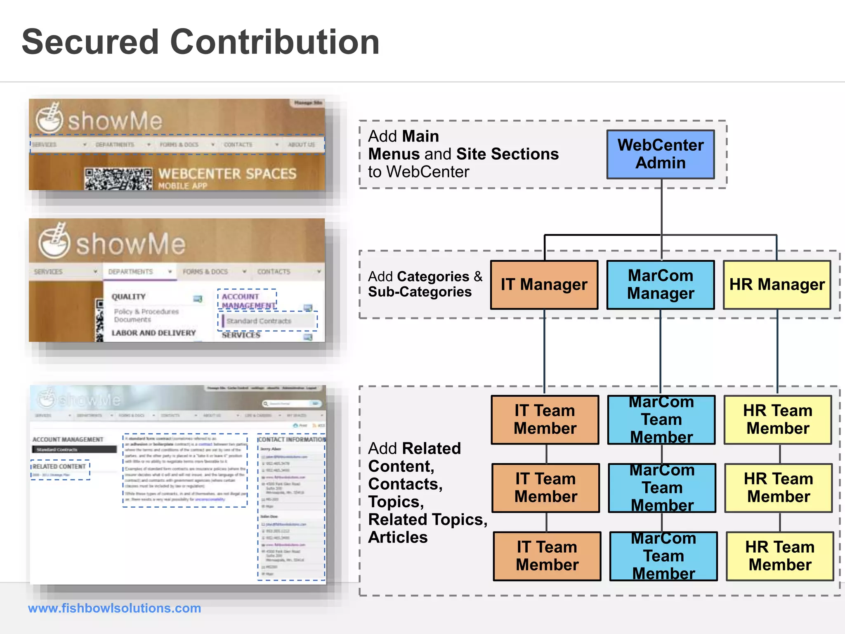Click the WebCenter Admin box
point(660,154)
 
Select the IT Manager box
point(544,285)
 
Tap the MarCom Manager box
point(660,285)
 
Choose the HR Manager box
point(777,285)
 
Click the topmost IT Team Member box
point(545,420)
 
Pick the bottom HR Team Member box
point(780,556)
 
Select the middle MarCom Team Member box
point(662,488)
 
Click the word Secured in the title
point(90,42)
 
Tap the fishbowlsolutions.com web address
point(114,608)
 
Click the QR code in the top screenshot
point(118,179)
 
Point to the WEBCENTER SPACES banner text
point(227,174)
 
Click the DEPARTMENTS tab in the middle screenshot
point(131,272)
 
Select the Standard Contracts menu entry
point(259,321)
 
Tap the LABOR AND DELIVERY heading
point(153,333)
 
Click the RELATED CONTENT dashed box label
point(59,466)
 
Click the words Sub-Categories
point(420,292)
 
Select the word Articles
point(398,537)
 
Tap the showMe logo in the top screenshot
point(99,120)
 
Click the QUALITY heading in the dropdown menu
point(129,297)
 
